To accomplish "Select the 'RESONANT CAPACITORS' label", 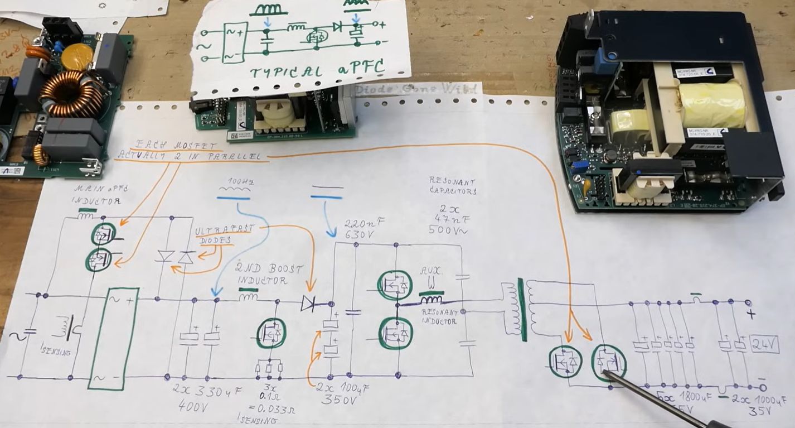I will click(x=452, y=186).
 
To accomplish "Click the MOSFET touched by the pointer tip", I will click(x=608, y=363).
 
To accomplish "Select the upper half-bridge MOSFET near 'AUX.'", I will click(x=394, y=285).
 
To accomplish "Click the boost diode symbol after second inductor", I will click(x=311, y=303).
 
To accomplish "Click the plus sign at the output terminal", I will click(x=751, y=314).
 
